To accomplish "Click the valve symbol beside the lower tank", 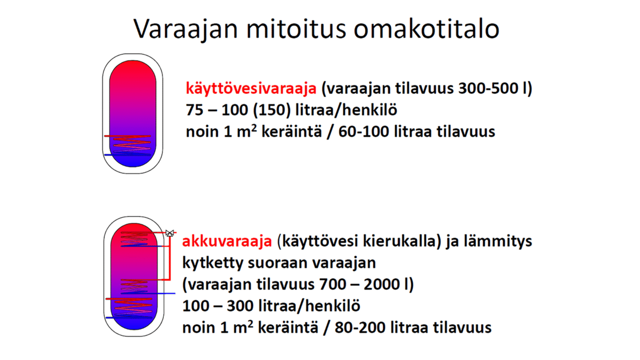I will (170, 233).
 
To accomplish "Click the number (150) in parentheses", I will (276, 110).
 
